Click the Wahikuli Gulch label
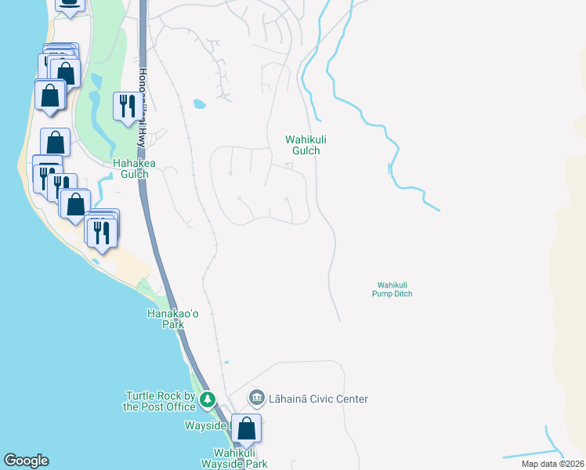[x=306, y=145]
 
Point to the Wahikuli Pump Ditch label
[x=392, y=289]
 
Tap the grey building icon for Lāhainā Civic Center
[x=256, y=399]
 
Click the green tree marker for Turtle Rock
[x=207, y=401]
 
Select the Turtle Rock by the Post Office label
[x=160, y=401]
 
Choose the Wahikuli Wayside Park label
[x=241, y=458]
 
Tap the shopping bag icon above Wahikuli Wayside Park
[x=247, y=429]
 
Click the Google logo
[x=26, y=461]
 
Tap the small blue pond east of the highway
[x=199, y=103]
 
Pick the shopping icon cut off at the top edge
[x=71, y=3]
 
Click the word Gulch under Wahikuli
[x=306, y=150]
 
